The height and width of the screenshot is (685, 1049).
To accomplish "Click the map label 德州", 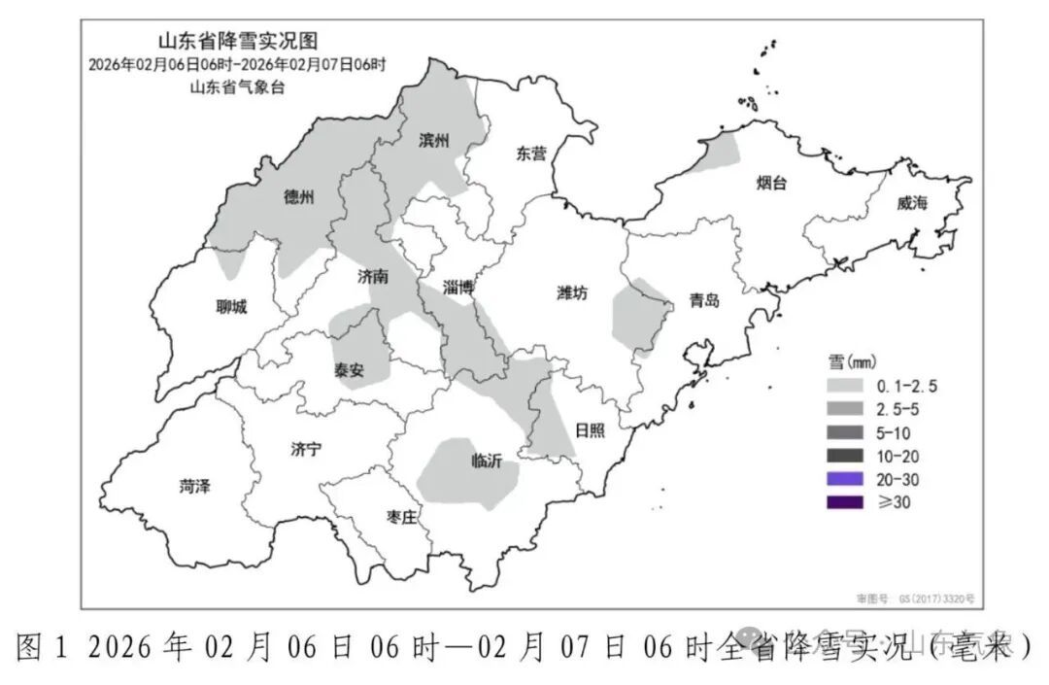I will (299, 197).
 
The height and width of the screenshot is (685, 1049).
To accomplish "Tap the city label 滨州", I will (434, 141).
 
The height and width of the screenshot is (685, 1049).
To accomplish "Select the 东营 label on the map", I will (531, 154).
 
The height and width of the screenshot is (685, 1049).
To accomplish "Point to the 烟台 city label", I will (771, 183).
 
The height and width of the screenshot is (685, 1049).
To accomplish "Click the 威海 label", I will (912, 203).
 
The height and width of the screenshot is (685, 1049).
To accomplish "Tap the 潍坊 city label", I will (573, 293).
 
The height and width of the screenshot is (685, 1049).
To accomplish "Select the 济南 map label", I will (373, 277).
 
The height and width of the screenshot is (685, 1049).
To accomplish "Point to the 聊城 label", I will (231, 308).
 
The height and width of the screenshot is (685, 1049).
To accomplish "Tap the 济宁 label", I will (305, 448).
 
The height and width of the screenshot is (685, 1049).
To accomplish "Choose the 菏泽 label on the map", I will (195, 487).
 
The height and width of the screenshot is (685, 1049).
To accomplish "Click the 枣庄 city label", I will (400, 519).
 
